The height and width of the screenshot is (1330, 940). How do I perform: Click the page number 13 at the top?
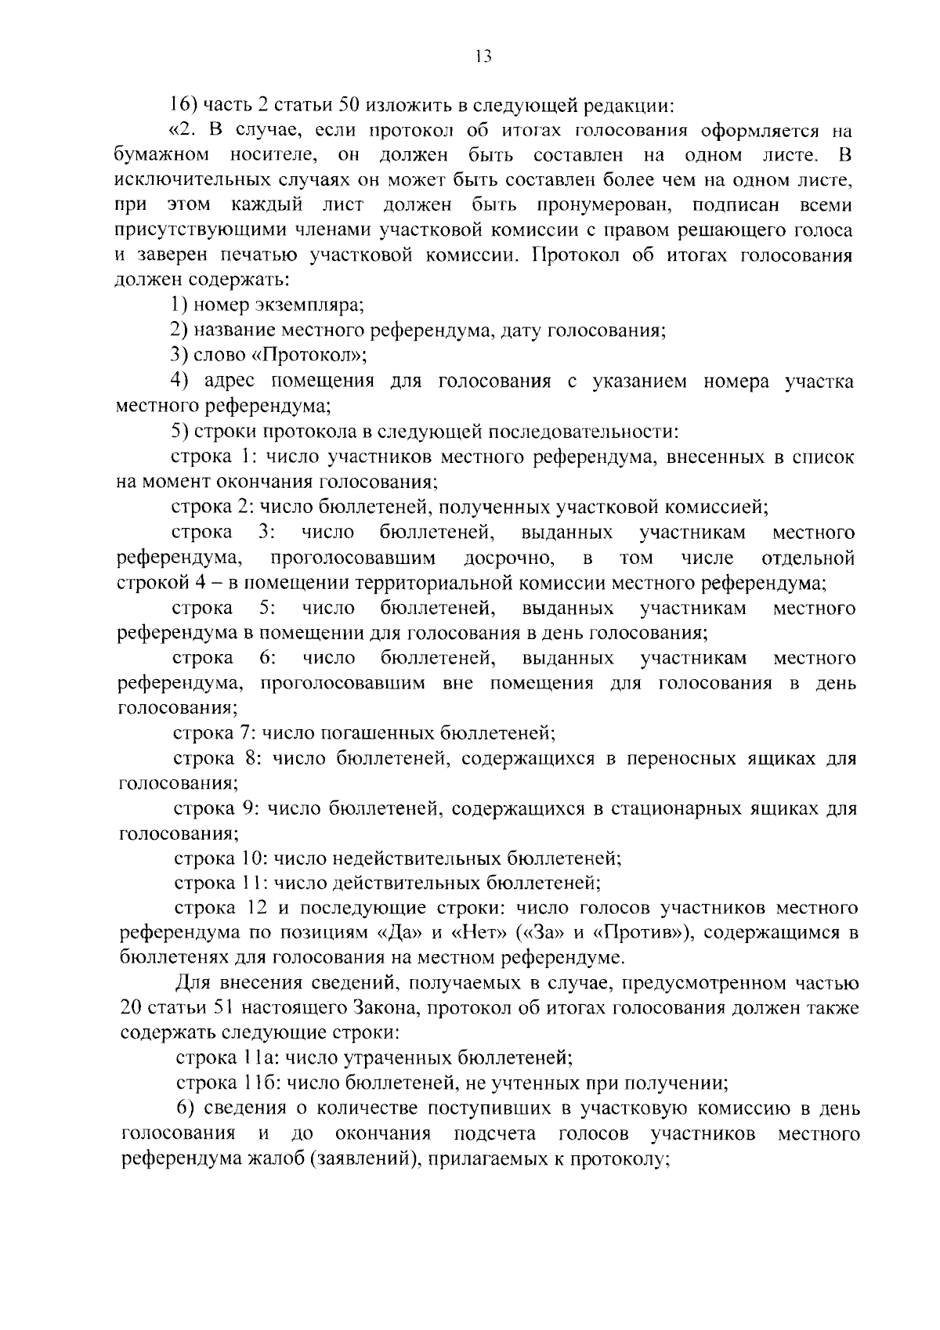point(482,56)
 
